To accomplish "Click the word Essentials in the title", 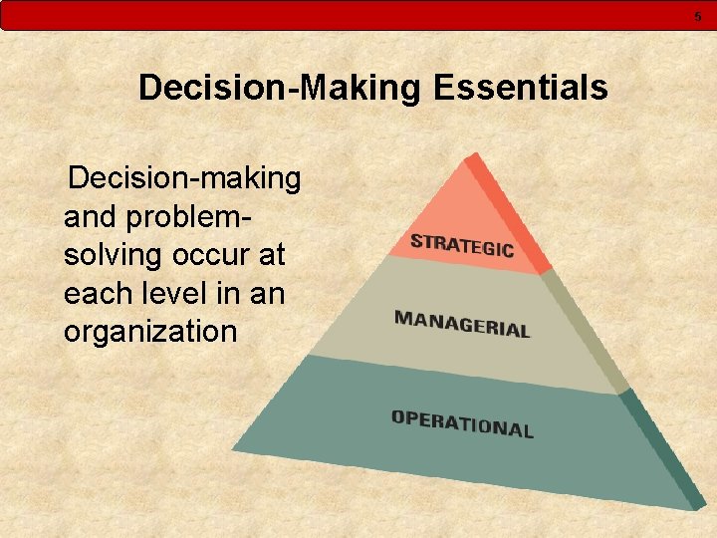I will [521, 89].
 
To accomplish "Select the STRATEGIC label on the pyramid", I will [462, 244].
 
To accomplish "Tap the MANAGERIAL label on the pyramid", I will [462, 324].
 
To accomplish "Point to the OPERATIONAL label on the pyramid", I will [462, 423].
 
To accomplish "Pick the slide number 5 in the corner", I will [698, 15].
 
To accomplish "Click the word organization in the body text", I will [150, 331].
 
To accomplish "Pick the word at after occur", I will [271, 255].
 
